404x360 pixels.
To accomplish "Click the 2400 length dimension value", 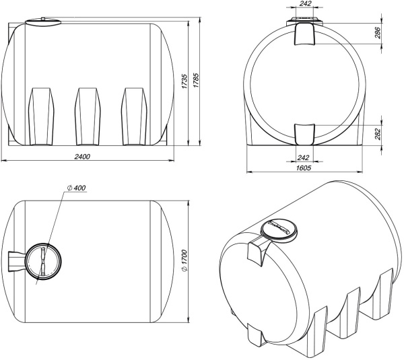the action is [x=82, y=156].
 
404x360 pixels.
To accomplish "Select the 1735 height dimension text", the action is [x=184, y=81].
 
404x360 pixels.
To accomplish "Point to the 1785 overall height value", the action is [x=196, y=80].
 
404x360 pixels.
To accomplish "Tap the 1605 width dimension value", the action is [x=304, y=168].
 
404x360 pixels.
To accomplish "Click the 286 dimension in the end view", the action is [x=377, y=32].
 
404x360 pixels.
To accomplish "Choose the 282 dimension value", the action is [x=377, y=134].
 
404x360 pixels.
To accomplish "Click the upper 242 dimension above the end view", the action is [x=306, y=3].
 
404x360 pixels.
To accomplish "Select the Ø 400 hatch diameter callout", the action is [x=76, y=188].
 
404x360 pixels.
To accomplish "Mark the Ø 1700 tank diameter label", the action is [x=184, y=260].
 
